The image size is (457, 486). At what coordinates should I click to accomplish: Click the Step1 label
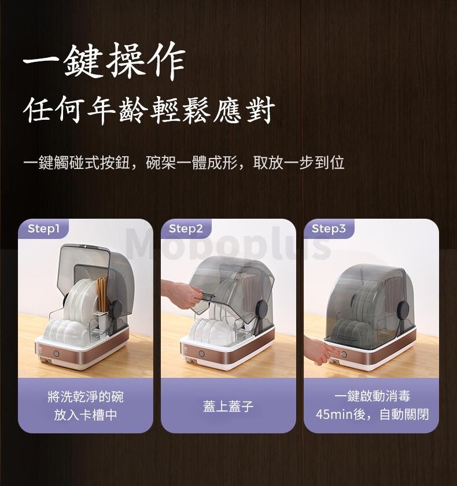click(43, 229)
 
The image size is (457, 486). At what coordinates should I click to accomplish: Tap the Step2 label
click(186, 229)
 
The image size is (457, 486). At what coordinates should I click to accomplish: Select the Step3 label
click(329, 229)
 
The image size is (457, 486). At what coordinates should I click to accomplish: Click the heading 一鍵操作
click(104, 61)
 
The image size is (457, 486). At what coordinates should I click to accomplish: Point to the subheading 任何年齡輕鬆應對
click(149, 110)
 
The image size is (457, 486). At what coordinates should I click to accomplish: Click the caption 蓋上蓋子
click(228, 406)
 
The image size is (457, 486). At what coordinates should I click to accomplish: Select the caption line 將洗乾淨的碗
click(86, 397)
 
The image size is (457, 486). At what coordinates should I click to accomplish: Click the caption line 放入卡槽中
click(86, 415)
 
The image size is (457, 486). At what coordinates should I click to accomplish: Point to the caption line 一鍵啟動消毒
click(373, 396)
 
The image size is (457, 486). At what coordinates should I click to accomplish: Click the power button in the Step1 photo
click(56, 354)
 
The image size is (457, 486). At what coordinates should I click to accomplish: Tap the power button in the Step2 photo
click(202, 354)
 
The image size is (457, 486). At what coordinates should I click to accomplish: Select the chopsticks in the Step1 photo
click(102, 294)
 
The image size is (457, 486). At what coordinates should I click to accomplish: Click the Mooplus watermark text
click(228, 244)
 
